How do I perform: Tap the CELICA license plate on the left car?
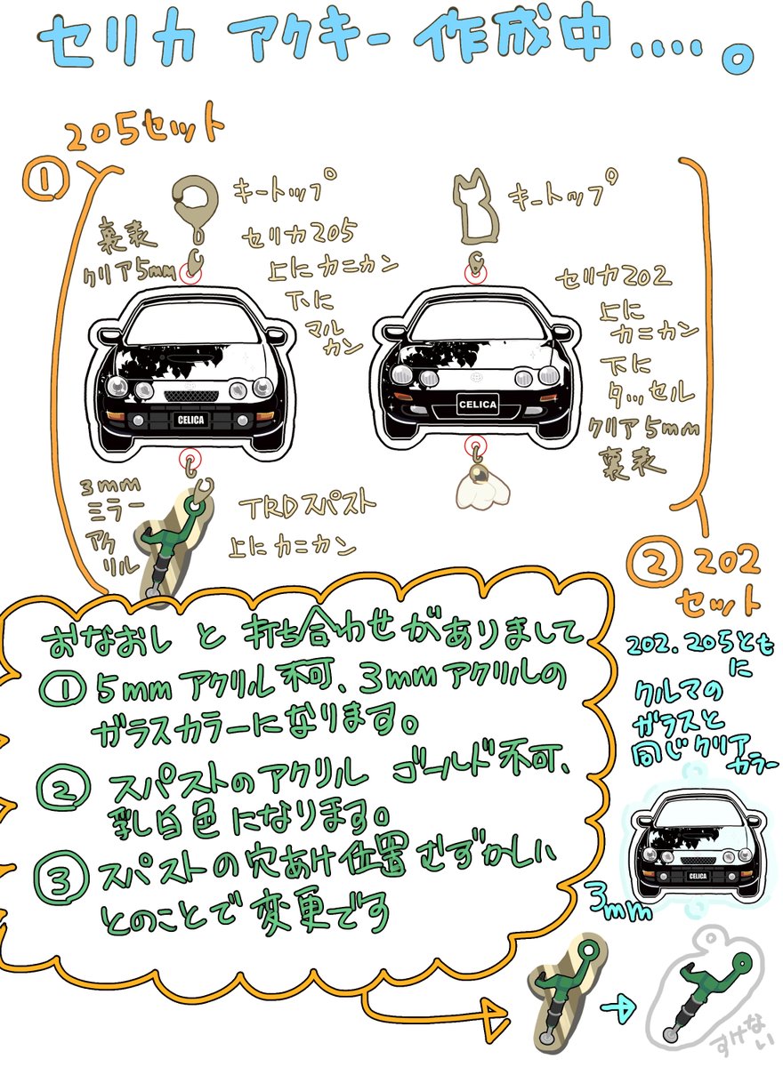tap(190, 418)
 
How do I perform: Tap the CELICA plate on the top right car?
tap(479, 404)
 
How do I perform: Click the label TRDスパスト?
tap(308, 508)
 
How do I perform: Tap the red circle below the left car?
tap(190, 460)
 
